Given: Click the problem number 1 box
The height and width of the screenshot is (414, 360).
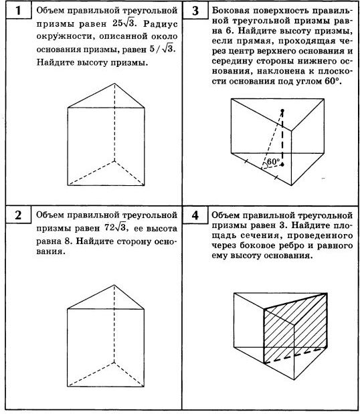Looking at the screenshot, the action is pyautogui.click(x=18, y=12).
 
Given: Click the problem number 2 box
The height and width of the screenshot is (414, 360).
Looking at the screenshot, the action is pyautogui.click(x=18, y=216).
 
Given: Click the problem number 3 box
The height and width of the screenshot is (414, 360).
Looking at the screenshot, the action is pyautogui.click(x=195, y=12).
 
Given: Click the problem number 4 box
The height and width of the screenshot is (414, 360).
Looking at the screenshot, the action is pyautogui.click(x=195, y=216).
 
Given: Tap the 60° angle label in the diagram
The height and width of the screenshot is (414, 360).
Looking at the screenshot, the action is pyautogui.click(x=273, y=162).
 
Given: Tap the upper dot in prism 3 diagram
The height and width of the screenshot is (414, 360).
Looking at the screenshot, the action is pyautogui.click(x=282, y=110).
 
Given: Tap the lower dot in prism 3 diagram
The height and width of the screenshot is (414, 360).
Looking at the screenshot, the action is pyautogui.click(x=282, y=163).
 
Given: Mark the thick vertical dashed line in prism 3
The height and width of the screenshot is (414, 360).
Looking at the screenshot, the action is pyautogui.click(x=282, y=137).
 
